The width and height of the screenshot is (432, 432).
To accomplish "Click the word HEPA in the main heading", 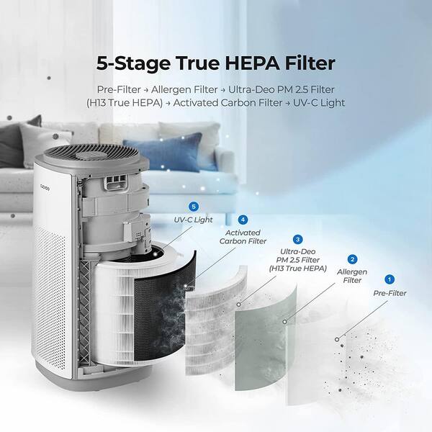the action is click(x=253, y=63).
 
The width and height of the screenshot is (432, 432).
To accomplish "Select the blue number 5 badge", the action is click(x=194, y=207).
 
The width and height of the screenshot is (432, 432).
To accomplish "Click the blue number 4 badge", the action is click(x=243, y=220).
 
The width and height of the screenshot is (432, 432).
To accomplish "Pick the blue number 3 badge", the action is click(x=297, y=240).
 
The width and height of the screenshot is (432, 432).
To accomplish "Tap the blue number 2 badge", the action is click(x=352, y=259).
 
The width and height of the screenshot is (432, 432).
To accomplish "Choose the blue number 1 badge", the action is click(x=390, y=279).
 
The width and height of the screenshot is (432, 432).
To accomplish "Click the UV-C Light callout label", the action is click(x=194, y=220).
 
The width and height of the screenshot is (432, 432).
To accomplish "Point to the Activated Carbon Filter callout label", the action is click(x=243, y=237).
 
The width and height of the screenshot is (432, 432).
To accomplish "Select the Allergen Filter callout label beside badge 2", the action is click(x=352, y=276).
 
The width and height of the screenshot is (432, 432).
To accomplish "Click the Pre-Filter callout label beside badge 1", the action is click(x=390, y=293).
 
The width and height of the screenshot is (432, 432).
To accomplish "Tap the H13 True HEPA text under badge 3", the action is click(x=298, y=269).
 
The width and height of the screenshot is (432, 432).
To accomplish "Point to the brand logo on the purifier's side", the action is click(x=44, y=189).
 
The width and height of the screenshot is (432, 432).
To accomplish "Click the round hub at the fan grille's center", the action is click(x=88, y=155).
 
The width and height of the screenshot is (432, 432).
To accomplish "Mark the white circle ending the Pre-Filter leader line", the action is click(x=337, y=339).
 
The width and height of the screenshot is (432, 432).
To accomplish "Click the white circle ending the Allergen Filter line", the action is click(x=284, y=322).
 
